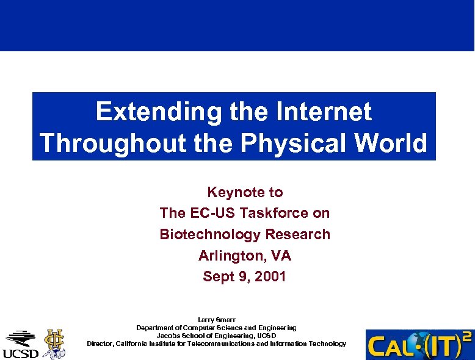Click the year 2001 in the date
pyautogui.click(x=270, y=276)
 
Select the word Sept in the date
pyautogui.click(x=217, y=276)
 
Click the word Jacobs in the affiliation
pyautogui.click(x=167, y=336)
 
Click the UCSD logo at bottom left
pyautogui.click(x=20, y=344)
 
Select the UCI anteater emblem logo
pyautogui.click(x=54, y=343)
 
